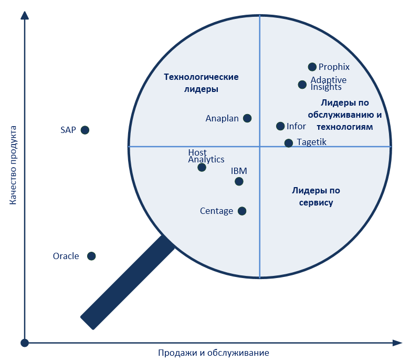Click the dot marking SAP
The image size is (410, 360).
[x=85, y=130]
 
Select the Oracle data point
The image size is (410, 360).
[x=91, y=256]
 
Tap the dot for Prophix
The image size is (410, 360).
[x=312, y=67]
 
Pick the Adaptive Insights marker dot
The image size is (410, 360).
[x=302, y=85]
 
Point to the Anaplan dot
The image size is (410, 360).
[x=247, y=118]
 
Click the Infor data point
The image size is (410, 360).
[x=280, y=126]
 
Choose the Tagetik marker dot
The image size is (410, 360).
[x=288, y=143]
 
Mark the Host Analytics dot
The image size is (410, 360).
[x=202, y=167]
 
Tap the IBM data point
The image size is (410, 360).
[x=239, y=181]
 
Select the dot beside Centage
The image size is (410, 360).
[x=242, y=211]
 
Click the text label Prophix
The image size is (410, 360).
[x=334, y=67]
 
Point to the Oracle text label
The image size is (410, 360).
[x=66, y=256]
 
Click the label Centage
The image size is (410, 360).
[x=216, y=211]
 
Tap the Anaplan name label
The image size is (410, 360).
[x=222, y=119]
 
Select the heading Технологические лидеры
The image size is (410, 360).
[x=201, y=83]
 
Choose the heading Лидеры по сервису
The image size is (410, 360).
[x=316, y=197]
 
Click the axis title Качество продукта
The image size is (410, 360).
[x=13, y=165]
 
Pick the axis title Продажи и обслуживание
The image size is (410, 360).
[x=213, y=353]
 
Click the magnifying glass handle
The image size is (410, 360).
[x=128, y=282]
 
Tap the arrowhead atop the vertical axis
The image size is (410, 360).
[x=25, y=15]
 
